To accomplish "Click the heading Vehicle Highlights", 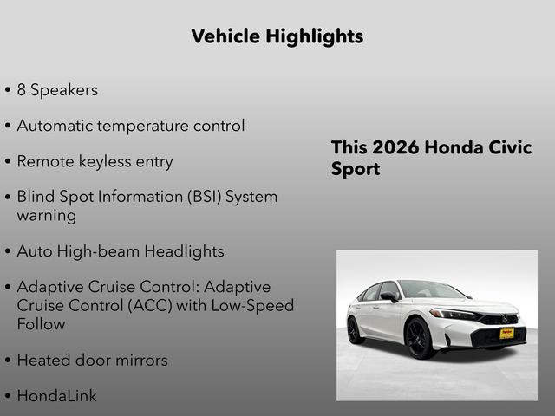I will [x=277, y=36].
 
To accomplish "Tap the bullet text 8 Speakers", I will [x=57, y=89].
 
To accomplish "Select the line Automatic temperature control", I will [x=130, y=126].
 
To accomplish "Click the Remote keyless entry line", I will [x=95, y=161].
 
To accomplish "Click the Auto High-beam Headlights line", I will [x=121, y=251].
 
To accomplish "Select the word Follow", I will [x=41, y=324].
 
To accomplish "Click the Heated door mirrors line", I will [x=92, y=360].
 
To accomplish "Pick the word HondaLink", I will [x=57, y=396].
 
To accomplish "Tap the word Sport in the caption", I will [x=356, y=168].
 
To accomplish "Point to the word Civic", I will [x=507, y=147].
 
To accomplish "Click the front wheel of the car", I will [x=419, y=338].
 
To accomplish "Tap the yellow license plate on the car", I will [x=506, y=333].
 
